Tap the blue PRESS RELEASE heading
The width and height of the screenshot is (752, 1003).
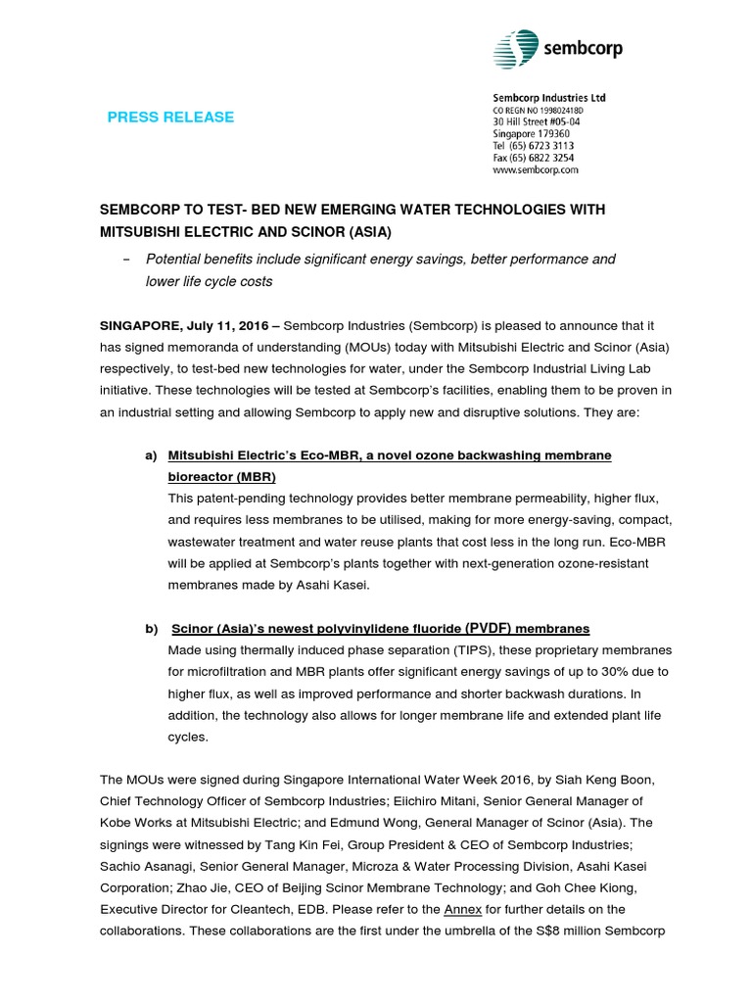(170, 118)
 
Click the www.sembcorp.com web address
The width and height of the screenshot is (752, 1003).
(535, 169)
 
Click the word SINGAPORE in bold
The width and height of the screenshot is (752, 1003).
(136, 323)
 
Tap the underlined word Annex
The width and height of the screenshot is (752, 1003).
(462, 909)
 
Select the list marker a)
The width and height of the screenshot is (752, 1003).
(151, 456)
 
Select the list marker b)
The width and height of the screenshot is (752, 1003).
(151, 628)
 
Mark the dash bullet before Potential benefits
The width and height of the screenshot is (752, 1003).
(125, 260)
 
